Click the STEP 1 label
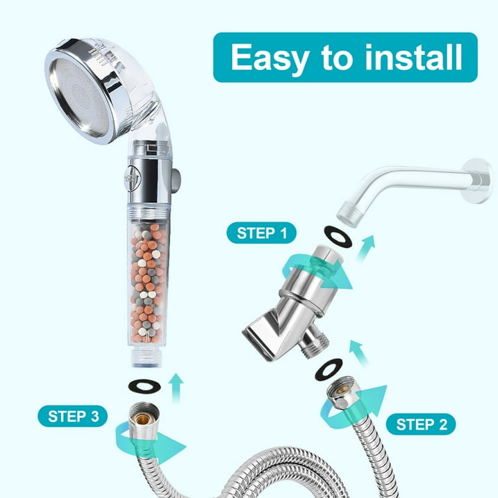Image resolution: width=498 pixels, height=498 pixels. point(261,233)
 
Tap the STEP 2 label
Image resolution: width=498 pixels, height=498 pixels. point(421,424)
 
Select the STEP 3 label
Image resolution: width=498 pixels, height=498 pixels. point(73,416)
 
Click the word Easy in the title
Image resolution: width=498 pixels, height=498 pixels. point(269,58)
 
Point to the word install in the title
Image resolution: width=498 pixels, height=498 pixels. point(413,57)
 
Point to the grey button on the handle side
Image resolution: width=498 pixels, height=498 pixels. point(175,181)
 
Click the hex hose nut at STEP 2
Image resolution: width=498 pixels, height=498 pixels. point(343,393)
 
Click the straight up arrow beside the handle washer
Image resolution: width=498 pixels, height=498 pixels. point(176,388)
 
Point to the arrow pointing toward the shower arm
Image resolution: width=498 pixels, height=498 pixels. point(365,248)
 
